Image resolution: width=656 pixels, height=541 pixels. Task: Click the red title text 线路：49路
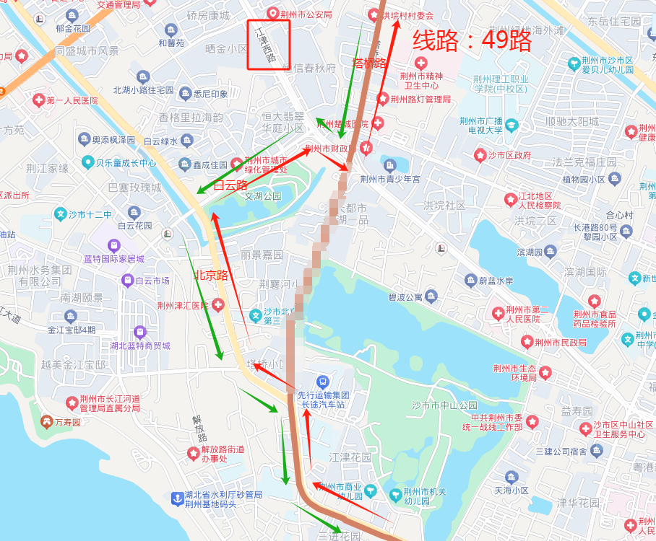[x=472, y=41]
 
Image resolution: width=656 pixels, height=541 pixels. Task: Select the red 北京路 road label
[x=212, y=275]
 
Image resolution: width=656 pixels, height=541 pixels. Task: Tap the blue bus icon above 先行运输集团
[x=323, y=381]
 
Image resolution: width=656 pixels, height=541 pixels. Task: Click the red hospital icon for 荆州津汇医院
[x=217, y=306]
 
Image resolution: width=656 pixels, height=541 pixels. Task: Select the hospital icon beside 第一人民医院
[x=38, y=100]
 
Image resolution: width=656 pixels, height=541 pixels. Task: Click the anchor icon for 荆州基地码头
[x=176, y=498]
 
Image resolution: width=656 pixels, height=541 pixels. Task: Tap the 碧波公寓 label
[x=404, y=296]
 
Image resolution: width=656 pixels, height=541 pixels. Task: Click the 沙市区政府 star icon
[x=480, y=155]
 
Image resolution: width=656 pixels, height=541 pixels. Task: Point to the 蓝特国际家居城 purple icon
[x=113, y=246]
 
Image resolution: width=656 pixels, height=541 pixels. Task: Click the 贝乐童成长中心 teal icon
[x=88, y=162]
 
